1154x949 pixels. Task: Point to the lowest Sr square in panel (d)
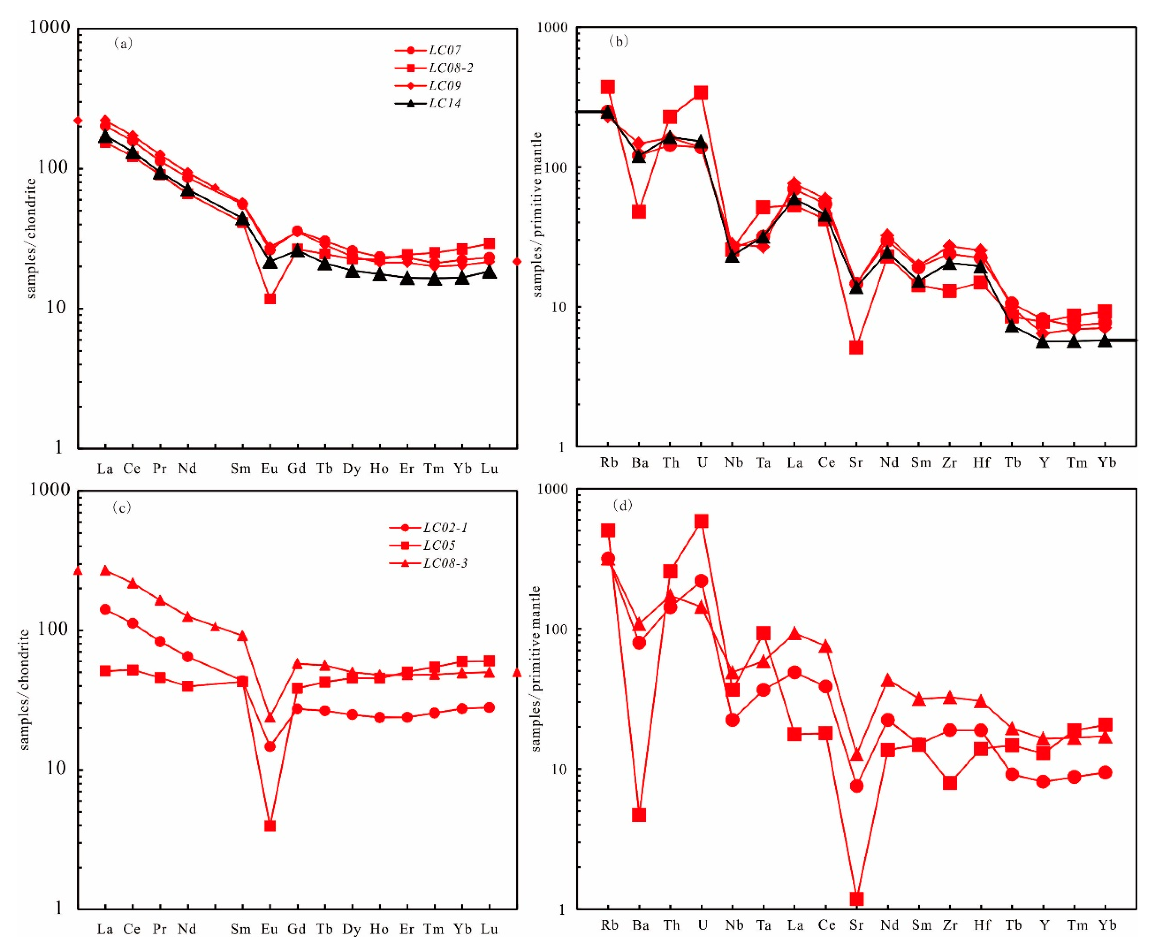[857, 899]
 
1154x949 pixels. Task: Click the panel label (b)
[618, 41]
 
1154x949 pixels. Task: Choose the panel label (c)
[121, 508]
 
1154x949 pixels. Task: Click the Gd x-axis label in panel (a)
[296, 469]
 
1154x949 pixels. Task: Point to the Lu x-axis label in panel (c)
[489, 929]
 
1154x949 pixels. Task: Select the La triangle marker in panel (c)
[105, 571]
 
